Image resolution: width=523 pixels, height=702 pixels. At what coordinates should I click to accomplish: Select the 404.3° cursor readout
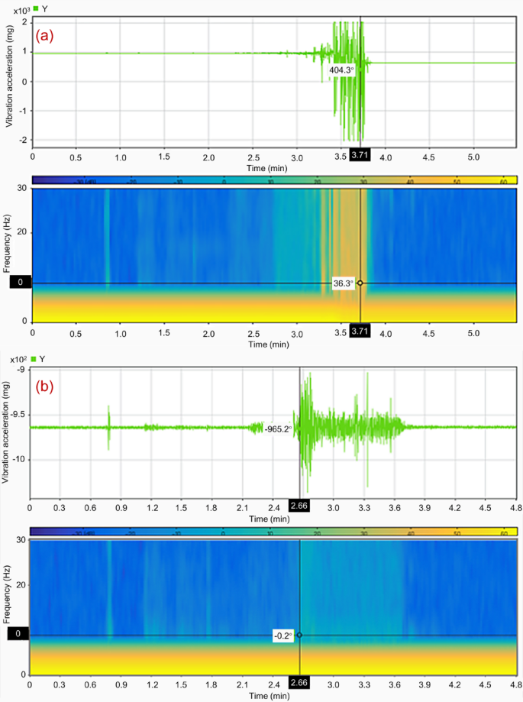[x=341, y=70]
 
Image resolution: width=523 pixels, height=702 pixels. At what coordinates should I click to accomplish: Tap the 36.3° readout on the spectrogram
[x=344, y=283]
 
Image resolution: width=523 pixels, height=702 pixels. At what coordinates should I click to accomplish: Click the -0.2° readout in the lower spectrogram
[x=283, y=634]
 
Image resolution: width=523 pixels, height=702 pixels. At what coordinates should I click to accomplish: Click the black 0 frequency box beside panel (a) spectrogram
[x=21, y=283]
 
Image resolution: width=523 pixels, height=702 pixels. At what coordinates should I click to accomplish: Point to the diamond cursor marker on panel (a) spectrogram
[x=360, y=283]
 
